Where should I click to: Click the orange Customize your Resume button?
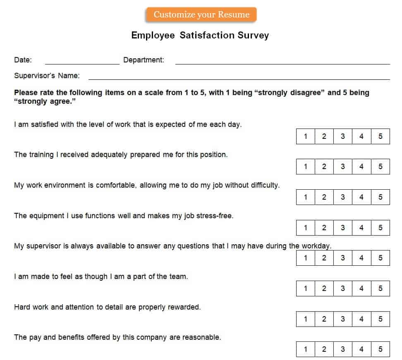pyautogui.click(x=201, y=15)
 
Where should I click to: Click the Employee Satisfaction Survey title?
pyautogui.click(x=200, y=36)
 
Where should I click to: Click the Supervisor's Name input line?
pyautogui.click(x=239, y=77)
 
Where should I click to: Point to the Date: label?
pyautogui.click(x=23, y=60)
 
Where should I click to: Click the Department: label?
pyautogui.click(x=144, y=60)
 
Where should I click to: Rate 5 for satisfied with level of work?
pyautogui.click(x=380, y=136)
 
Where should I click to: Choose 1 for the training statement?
pyautogui.click(x=306, y=167)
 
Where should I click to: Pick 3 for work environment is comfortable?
pyautogui.click(x=343, y=197)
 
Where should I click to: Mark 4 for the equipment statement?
pyautogui.click(x=361, y=228)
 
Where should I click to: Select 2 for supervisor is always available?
pyautogui.click(x=324, y=258)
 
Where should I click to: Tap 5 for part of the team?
pyautogui.click(x=380, y=288)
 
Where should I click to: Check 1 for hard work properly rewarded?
pyautogui.click(x=306, y=319)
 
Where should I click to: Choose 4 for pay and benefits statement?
pyautogui.click(x=361, y=349)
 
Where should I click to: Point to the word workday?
pyautogui.click(x=316, y=246)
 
